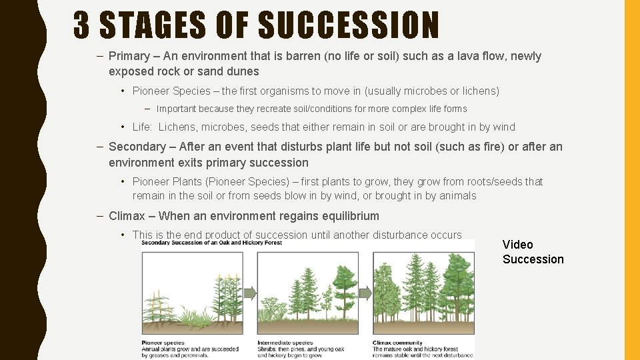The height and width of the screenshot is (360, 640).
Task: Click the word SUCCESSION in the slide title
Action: tap(348, 26)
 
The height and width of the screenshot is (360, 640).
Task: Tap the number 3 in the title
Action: tap(82, 26)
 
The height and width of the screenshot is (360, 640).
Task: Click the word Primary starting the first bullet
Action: tap(129, 56)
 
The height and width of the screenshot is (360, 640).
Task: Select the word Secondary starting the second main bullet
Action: tap(137, 147)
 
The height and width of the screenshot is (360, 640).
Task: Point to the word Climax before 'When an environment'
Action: tap(127, 216)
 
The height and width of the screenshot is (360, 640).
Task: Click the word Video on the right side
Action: tap(518, 245)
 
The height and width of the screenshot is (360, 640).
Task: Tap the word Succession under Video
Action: tap(533, 259)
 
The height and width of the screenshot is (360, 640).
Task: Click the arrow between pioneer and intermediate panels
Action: tap(250, 293)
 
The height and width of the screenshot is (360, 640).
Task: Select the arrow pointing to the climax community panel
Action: tap(365, 293)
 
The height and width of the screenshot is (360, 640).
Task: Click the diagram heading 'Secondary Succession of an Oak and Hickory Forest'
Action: tap(212, 243)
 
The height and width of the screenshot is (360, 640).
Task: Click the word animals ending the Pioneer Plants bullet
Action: tap(457, 195)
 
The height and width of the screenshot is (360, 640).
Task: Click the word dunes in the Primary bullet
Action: tap(243, 71)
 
